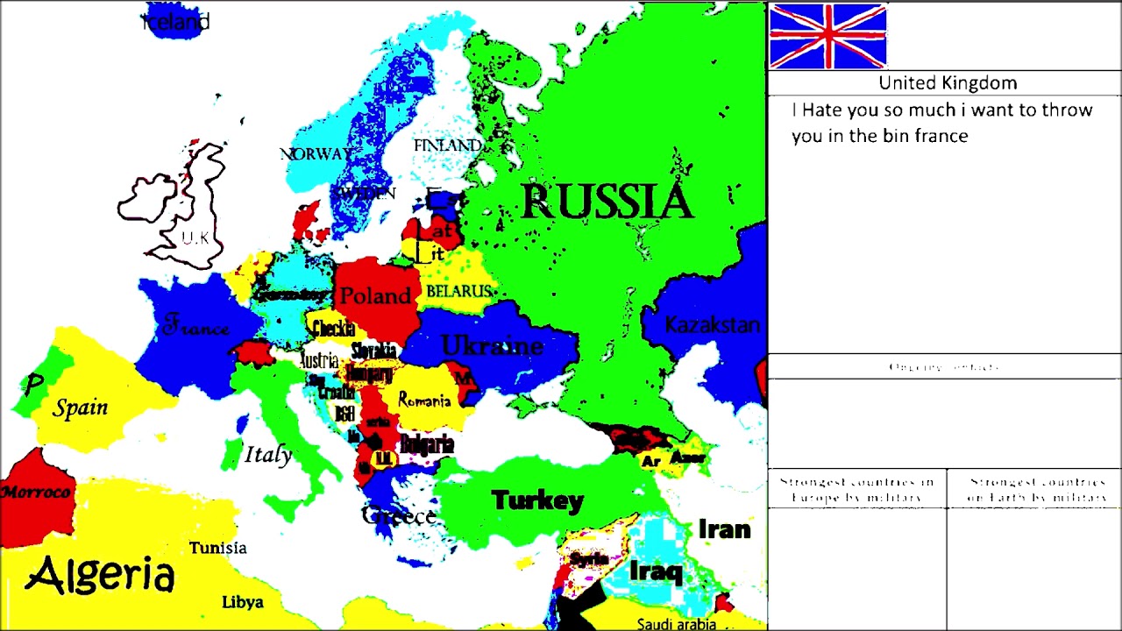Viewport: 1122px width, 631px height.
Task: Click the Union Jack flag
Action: [x=827, y=36]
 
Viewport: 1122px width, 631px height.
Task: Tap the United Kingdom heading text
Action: [x=948, y=83]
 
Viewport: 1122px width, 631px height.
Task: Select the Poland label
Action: [x=375, y=296]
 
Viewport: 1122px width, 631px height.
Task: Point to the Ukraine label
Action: [x=492, y=346]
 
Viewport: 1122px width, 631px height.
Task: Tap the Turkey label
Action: [x=537, y=500]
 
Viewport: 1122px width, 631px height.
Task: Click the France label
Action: [x=195, y=329]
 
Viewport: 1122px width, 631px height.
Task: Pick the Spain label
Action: [x=81, y=408]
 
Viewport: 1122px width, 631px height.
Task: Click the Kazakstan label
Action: [x=712, y=325]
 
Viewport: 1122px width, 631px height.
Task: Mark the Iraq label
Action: [x=656, y=572]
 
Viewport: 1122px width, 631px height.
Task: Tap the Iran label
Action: [x=724, y=529]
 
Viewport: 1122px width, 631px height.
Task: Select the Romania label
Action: [x=424, y=401]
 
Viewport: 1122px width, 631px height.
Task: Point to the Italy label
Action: [x=268, y=455]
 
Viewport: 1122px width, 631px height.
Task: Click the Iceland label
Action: [x=176, y=22]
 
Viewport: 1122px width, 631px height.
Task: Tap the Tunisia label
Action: [x=218, y=548]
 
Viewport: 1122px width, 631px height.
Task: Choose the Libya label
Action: [x=243, y=602]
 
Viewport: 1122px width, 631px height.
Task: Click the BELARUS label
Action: [x=458, y=291]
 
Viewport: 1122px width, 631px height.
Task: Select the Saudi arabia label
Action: [x=677, y=624]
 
